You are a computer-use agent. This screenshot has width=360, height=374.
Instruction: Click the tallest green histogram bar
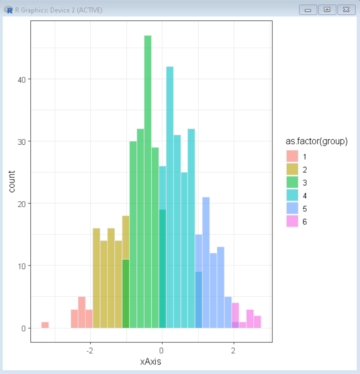pyautogui.click(x=148, y=181)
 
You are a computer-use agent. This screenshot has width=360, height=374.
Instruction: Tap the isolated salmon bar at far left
pyautogui.click(x=45, y=325)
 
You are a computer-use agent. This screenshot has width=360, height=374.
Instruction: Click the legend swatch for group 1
pyautogui.click(x=292, y=157)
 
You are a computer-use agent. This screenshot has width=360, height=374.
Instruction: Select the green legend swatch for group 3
pyautogui.click(x=292, y=183)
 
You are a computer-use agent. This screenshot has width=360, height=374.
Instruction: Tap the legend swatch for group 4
pyautogui.click(x=292, y=196)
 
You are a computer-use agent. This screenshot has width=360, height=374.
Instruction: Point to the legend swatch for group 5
pyautogui.click(x=292, y=209)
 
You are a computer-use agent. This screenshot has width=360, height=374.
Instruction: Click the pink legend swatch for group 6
pyautogui.click(x=292, y=222)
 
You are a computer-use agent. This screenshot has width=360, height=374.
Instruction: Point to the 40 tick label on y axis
pyautogui.click(x=21, y=79)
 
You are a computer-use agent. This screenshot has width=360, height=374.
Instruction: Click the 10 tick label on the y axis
pyautogui.click(x=21, y=266)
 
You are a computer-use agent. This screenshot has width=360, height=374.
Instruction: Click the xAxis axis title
pyautogui.click(x=151, y=362)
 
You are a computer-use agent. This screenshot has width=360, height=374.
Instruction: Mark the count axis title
pyautogui.click(x=12, y=181)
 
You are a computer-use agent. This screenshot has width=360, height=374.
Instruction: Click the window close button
pyautogui.click(x=346, y=9)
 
